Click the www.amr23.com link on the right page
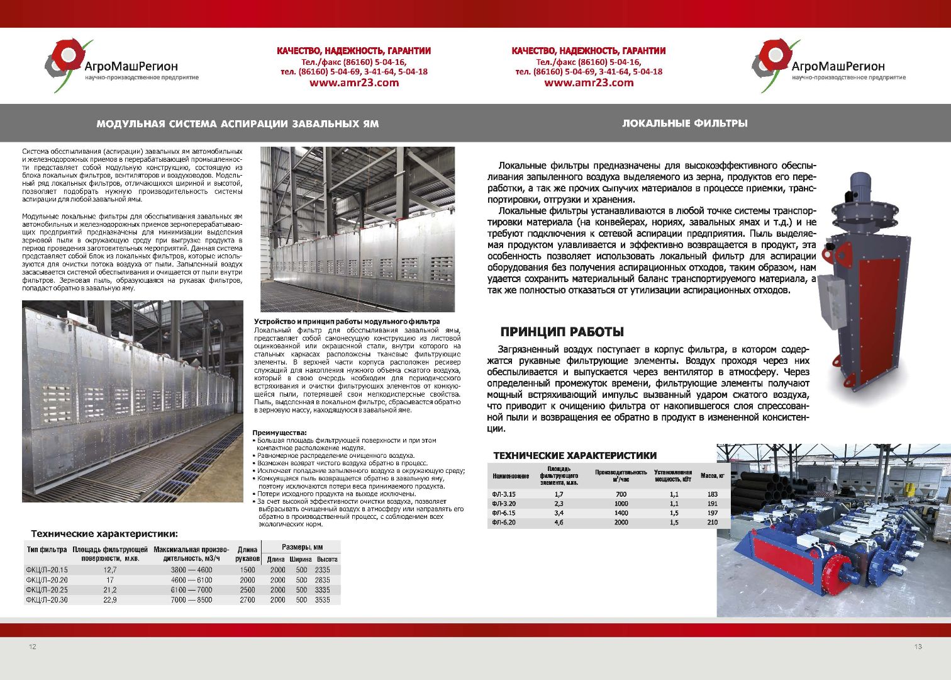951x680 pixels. (x=589, y=82)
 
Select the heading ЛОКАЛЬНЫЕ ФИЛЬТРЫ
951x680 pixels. (x=685, y=123)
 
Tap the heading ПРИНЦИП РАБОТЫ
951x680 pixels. (x=562, y=332)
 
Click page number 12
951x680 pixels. (x=33, y=647)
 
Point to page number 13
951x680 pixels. (x=918, y=647)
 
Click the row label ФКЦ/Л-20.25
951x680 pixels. (x=47, y=590)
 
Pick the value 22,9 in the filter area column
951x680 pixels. (x=110, y=600)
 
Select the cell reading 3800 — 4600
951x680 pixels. (x=191, y=570)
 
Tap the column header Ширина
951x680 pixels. (x=301, y=559)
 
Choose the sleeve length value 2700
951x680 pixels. (x=247, y=600)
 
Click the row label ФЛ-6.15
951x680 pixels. (x=504, y=513)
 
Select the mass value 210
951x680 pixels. (x=712, y=523)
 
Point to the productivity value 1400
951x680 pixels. (x=621, y=513)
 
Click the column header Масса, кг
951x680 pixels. (x=712, y=476)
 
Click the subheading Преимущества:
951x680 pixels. (x=279, y=433)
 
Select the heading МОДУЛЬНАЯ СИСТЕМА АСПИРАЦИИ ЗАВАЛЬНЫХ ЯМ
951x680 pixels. (x=238, y=124)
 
